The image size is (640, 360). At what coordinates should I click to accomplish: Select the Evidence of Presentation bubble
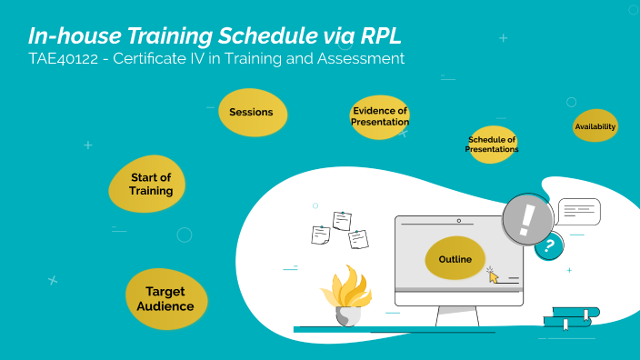tap(380, 117)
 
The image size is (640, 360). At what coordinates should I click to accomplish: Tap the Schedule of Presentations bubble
tap(492, 145)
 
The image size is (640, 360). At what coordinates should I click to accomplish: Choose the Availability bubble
tap(595, 126)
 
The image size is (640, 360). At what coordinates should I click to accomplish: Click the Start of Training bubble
tap(149, 184)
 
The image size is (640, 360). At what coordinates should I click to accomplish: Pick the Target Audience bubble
tap(165, 299)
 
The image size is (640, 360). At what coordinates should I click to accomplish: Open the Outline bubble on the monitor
tap(455, 260)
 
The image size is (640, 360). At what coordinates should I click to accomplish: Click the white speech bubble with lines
tap(579, 212)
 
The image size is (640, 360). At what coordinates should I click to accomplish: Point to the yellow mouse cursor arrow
tap(494, 275)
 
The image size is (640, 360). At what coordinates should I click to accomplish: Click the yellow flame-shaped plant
tap(347, 289)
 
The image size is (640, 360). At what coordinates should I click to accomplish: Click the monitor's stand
tap(457, 316)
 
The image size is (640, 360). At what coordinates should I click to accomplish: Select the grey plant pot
tap(347, 315)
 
